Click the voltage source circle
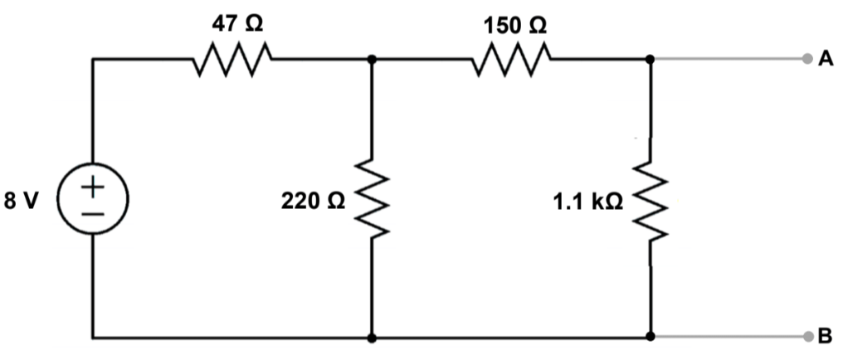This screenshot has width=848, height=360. pyautogui.click(x=93, y=200)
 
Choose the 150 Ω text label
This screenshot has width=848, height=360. pyautogui.click(x=515, y=24)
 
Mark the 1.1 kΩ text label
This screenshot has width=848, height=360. pyautogui.click(x=586, y=201)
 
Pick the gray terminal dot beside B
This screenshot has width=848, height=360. pyautogui.click(x=806, y=338)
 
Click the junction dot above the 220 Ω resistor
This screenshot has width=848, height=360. pyautogui.click(x=371, y=59)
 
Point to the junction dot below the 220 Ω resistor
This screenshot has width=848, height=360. pyautogui.click(x=371, y=338)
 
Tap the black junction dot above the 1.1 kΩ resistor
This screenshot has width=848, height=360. pyautogui.click(x=651, y=59)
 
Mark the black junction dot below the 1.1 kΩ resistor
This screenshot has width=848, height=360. pyautogui.click(x=651, y=338)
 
